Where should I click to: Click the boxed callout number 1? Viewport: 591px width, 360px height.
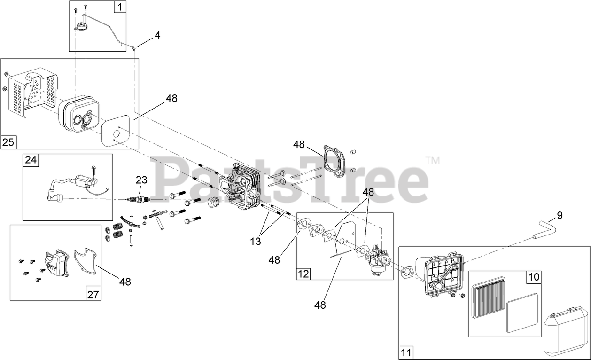pos(120,7)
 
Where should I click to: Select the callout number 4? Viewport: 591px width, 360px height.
pos(157,35)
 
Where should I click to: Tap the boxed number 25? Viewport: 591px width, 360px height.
pos(8,142)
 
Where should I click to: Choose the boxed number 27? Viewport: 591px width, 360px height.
pos(93,294)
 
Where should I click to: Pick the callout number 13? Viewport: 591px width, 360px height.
pos(255,242)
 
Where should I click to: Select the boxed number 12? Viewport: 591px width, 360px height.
pos(303,274)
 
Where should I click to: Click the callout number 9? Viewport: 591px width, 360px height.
pos(560,216)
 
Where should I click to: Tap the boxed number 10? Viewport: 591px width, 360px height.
pos(534,277)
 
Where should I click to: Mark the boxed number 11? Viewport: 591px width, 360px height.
pos(406,352)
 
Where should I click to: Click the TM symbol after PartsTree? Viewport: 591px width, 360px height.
pos(433,160)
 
